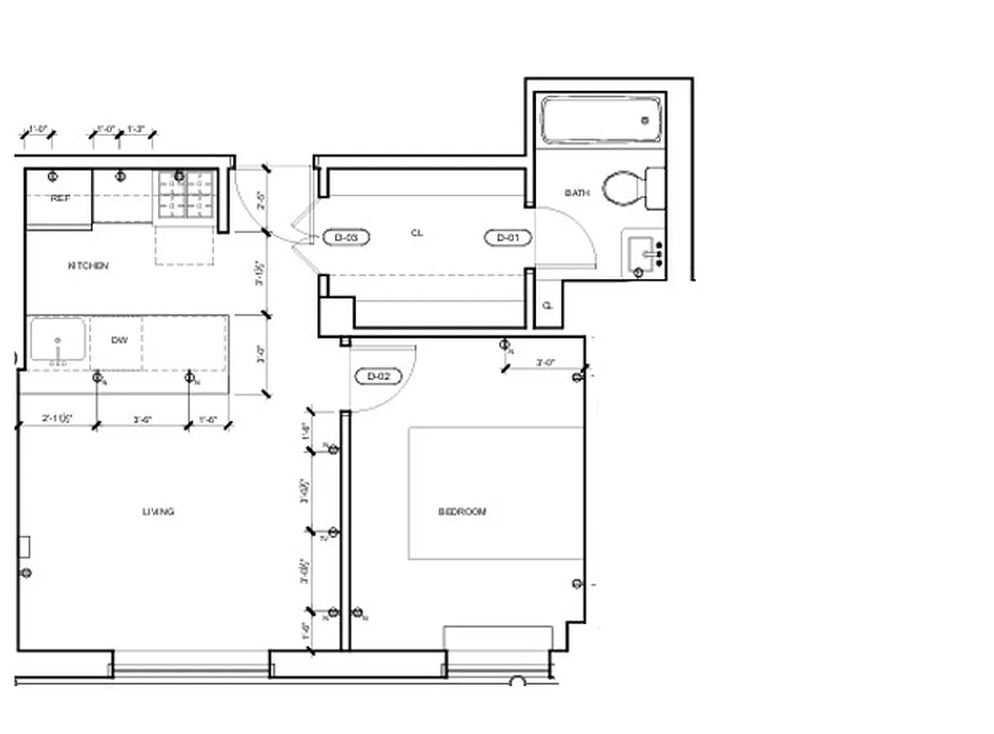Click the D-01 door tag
[x=508, y=239]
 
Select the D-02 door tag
[x=378, y=376]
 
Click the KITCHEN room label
[x=88, y=266]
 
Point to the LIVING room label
[x=158, y=512]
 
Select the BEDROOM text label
[x=462, y=512]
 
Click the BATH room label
[x=576, y=193]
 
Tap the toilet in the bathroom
[x=633, y=189]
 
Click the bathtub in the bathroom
[x=601, y=120]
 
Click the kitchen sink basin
[x=57, y=340]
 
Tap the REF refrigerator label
[x=60, y=198]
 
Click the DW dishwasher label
[x=119, y=340]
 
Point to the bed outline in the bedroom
[x=496, y=493]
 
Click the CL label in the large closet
[x=417, y=233]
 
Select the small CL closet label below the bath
[x=548, y=306]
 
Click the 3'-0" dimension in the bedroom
[x=545, y=363]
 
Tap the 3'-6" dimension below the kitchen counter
[x=142, y=419]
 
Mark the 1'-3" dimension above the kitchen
[x=136, y=129]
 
